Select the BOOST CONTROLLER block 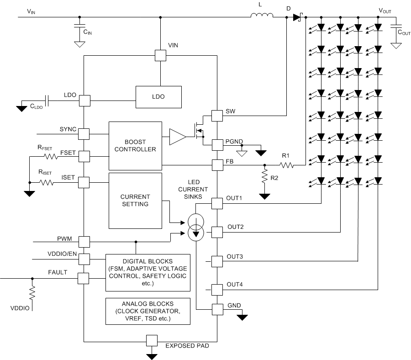135,145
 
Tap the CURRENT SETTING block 135,201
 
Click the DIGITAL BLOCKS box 148,272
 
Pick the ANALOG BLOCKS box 148,311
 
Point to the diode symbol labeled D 298,17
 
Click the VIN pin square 160,55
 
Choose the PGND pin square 216,145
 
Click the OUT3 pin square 216,261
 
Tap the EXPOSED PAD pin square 151,340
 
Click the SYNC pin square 84,133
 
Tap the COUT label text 403,32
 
